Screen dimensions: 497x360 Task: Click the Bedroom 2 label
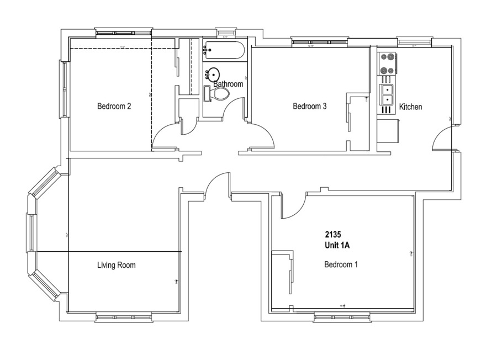114,107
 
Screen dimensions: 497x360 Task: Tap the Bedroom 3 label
310,107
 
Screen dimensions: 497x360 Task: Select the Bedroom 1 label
341,264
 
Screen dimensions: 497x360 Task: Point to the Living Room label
116,266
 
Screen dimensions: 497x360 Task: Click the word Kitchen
410,107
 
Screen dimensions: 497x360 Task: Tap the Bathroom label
229,84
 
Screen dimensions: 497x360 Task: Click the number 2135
334,234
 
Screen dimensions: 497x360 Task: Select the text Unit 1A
337,245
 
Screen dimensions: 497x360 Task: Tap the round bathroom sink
213,73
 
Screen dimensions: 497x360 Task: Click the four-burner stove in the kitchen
387,63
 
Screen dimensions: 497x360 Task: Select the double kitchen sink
387,94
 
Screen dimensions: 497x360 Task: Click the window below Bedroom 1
342,317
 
